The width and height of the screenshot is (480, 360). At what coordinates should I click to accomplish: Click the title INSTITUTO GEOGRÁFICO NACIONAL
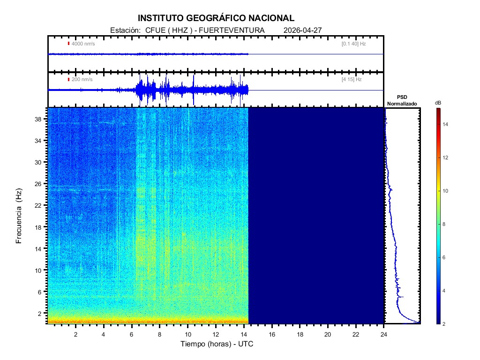click(216, 18)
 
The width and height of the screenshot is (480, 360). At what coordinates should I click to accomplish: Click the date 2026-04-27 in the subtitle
click(303, 30)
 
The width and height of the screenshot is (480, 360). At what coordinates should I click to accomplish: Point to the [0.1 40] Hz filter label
click(353, 44)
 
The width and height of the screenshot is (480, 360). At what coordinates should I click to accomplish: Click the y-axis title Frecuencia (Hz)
click(19, 216)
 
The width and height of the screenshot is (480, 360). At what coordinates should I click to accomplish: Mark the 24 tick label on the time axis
click(384, 334)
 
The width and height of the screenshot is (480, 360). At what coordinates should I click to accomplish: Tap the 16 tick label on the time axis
click(272, 334)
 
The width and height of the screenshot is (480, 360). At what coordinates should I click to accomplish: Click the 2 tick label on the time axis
click(76, 334)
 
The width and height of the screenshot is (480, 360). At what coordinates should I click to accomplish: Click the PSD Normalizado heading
click(402, 101)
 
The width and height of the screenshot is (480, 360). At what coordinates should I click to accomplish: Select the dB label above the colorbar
click(438, 103)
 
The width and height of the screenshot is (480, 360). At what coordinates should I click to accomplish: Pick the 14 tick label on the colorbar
click(447, 124)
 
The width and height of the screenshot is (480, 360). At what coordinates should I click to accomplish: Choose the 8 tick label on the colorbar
click(445, 225)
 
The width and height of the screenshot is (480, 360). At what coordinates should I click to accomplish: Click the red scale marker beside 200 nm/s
click(68, 79)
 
